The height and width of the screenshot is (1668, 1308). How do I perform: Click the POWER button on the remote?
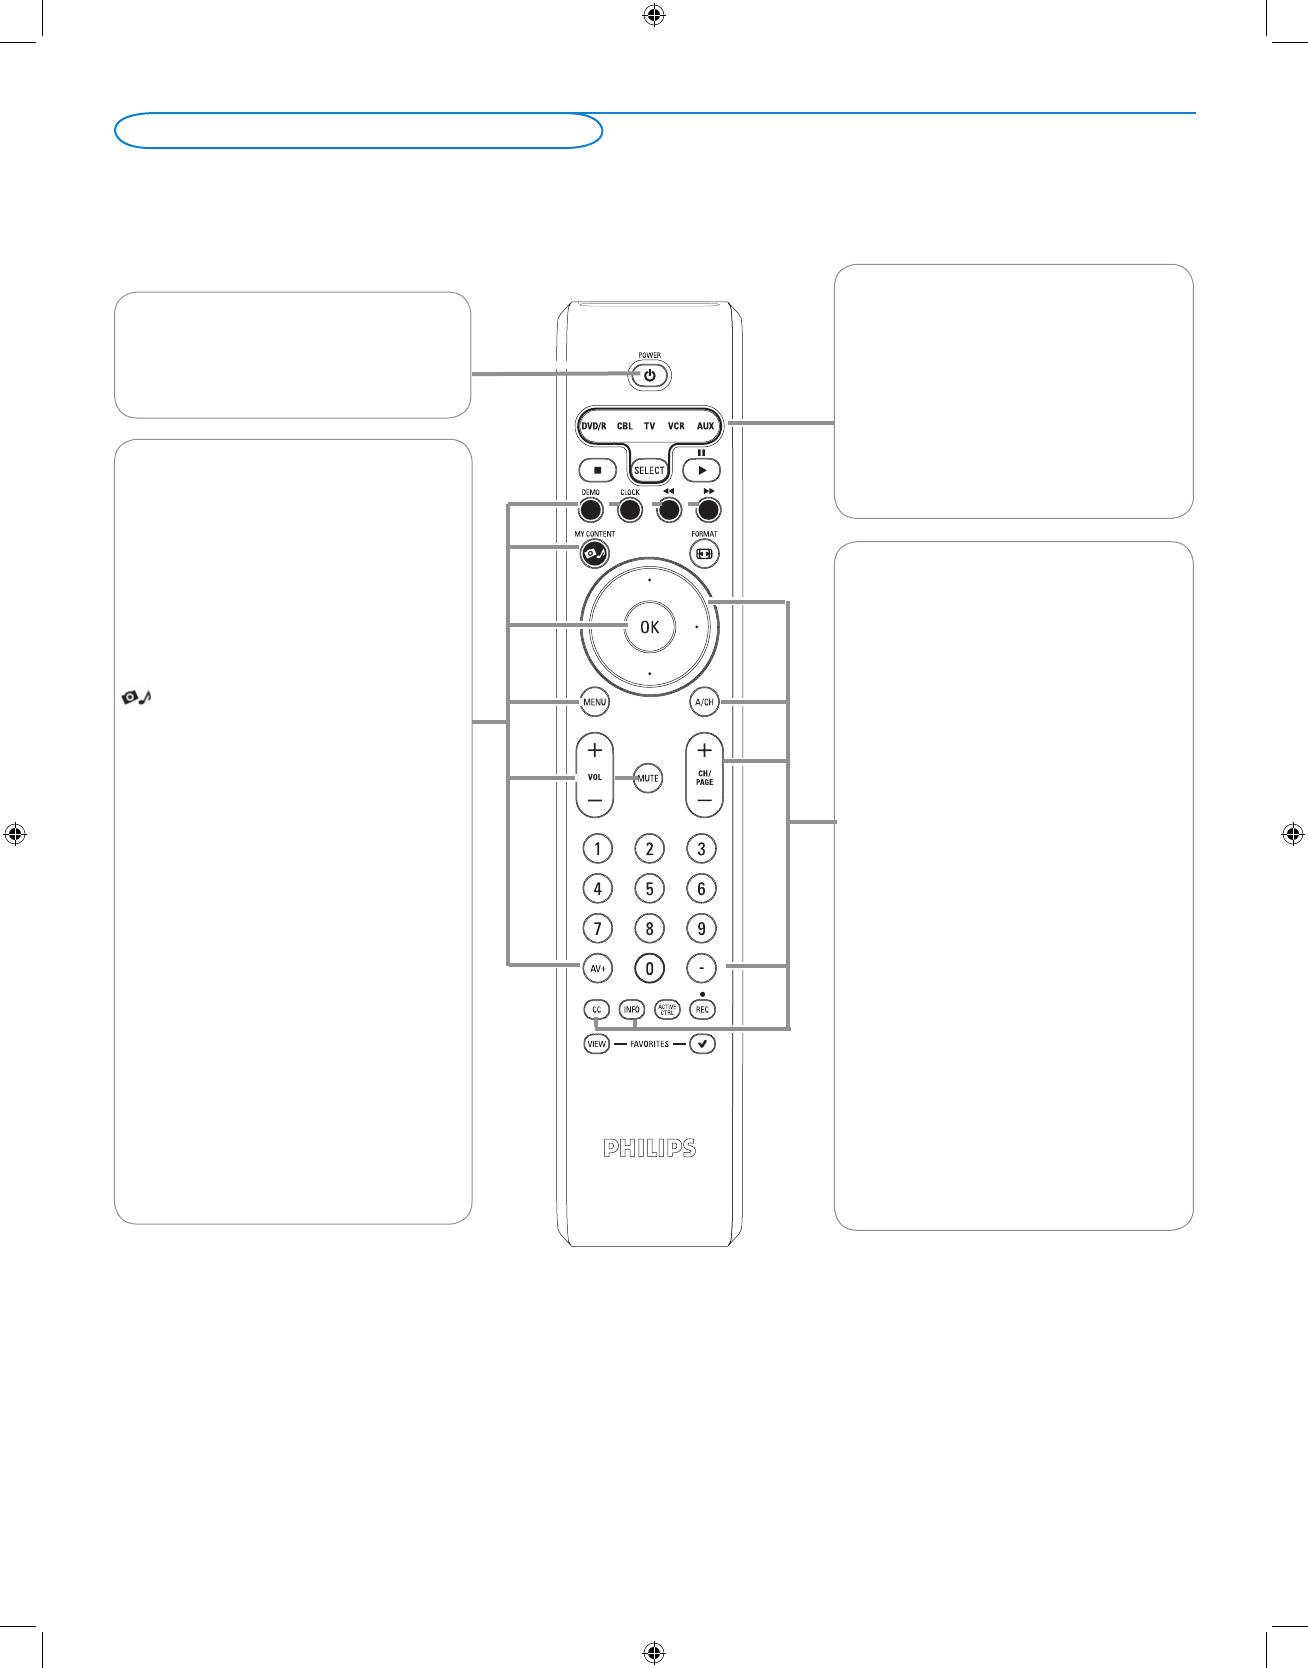click(650, 376)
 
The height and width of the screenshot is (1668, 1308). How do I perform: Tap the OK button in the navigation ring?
click(650, 627)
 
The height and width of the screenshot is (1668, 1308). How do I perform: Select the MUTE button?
click(648, 778)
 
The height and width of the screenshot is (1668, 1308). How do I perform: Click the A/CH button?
click(704, 702)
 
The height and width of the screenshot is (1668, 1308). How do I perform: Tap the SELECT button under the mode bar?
click(649, 470)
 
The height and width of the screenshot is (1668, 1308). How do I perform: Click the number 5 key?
click(649, 888)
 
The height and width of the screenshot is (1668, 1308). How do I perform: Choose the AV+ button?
click(597, 968)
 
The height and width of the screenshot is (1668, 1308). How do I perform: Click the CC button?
click(596, 1010)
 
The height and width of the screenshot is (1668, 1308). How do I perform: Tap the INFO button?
click(632, 1010)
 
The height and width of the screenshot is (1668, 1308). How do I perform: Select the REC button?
click(702, 1010)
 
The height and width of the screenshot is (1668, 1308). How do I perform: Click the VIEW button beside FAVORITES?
click(596, 1044)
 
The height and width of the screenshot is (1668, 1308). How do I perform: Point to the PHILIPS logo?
click(649, 1148)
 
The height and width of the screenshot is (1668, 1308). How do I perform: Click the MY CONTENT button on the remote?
click(594, 553)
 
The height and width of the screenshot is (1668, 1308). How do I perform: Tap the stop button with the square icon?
click(597, 470)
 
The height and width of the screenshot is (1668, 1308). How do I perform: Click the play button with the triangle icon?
click(702, 470)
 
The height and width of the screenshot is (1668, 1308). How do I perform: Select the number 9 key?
click(701, 928)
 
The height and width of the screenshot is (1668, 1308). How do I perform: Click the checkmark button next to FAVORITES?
click(702, 1044)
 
